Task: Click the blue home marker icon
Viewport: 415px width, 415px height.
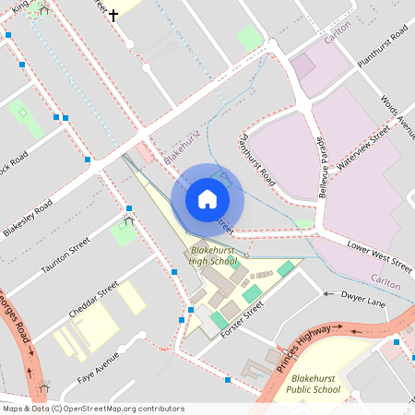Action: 207,198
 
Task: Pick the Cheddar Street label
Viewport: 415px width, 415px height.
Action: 96,301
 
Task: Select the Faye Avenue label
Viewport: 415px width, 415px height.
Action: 99,367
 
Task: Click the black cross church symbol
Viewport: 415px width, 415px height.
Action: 113,15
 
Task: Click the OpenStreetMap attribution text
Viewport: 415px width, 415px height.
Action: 92,409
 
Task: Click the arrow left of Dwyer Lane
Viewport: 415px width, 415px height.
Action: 326,294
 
